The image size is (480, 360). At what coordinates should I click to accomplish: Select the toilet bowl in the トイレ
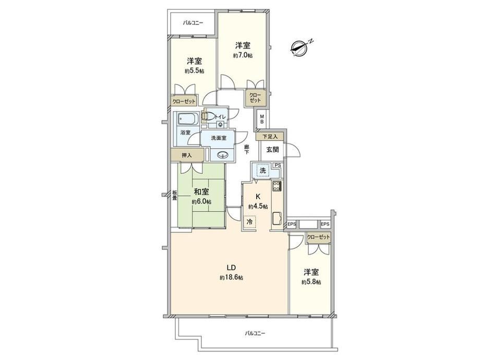[x=208, y=116]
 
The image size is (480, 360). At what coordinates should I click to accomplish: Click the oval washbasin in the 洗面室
[x=222, y=155]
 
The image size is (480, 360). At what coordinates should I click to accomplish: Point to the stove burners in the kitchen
[x=277, y=186]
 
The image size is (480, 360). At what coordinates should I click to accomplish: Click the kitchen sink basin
[x=278, y=218]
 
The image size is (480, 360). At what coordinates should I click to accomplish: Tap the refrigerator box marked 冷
[x=250, y=222]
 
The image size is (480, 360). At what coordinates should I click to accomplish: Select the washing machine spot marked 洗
[x=262, y=171]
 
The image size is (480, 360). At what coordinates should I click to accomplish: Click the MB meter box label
[x=262, y=119]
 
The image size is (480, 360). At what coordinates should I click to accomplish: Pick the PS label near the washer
[x=278, y=165]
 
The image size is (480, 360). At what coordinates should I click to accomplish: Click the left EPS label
[x=292, y=224]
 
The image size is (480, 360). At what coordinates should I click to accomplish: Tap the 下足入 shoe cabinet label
[x=270, y=137]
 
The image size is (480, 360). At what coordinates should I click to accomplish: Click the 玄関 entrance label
[x=272, y=150]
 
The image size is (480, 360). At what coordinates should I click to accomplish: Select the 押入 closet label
[x=187, y=155]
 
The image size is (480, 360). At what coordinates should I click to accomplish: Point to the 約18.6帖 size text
[x=232, y=278]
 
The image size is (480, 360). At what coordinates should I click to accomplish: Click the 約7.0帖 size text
[x=243, y=56]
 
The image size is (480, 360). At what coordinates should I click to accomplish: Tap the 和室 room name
[x=202, y=192]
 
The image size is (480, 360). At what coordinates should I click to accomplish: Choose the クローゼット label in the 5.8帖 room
[x=319, y=237]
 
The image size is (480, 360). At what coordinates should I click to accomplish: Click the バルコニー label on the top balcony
[x=193, y=22]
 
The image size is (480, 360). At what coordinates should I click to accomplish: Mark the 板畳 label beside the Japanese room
[x=174, y=196]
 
